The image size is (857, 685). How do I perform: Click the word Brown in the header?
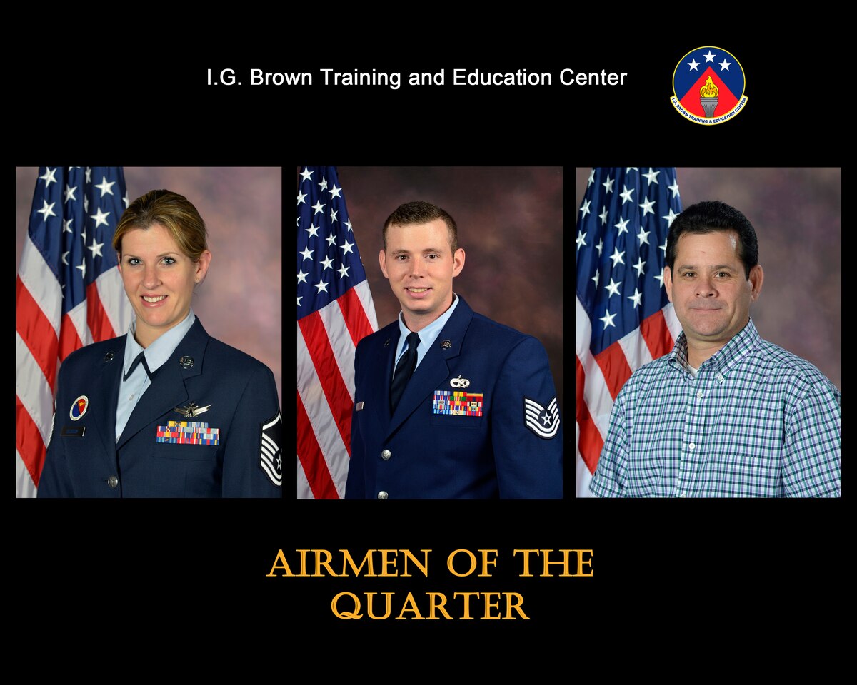[x=281, y=78]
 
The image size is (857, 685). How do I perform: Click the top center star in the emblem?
[x=709, y=57]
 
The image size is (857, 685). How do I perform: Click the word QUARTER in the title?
[x=430, y=607]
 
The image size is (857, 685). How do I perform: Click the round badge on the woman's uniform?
[x=79, y=407]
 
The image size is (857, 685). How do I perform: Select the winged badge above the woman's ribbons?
[x=192, y=410]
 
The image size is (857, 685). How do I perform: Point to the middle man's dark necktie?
[x=405, y=372]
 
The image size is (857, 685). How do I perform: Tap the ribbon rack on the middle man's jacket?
[x=458, y=403]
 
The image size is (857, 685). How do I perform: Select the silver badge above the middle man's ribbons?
[x=460, y=382]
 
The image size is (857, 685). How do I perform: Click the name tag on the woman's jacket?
[x=72, y=431]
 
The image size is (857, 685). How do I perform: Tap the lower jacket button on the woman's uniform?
[x=112, y=482]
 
